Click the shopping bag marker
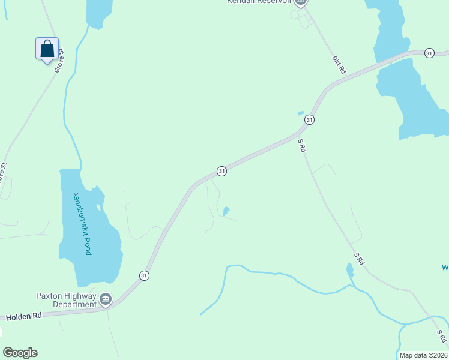coord(47,49)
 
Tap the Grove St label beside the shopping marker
coord(59,61)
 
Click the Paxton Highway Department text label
coord(66,299)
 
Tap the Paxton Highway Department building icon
coord(106,298)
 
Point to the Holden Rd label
coord(25,315)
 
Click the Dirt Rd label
coord(340,65)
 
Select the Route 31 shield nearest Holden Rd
coord(144,275)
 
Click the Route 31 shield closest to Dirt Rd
coord(429,53)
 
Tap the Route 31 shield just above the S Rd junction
coord(309,119)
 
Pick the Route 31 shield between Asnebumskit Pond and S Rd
coord(221,171)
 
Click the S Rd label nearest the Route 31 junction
coord(302,146)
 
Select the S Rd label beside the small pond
coord(359,259)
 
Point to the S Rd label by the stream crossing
coord(442,337)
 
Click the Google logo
coord(20,353)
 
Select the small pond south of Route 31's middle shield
coord(226,211)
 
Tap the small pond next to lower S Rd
coord(350,270)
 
